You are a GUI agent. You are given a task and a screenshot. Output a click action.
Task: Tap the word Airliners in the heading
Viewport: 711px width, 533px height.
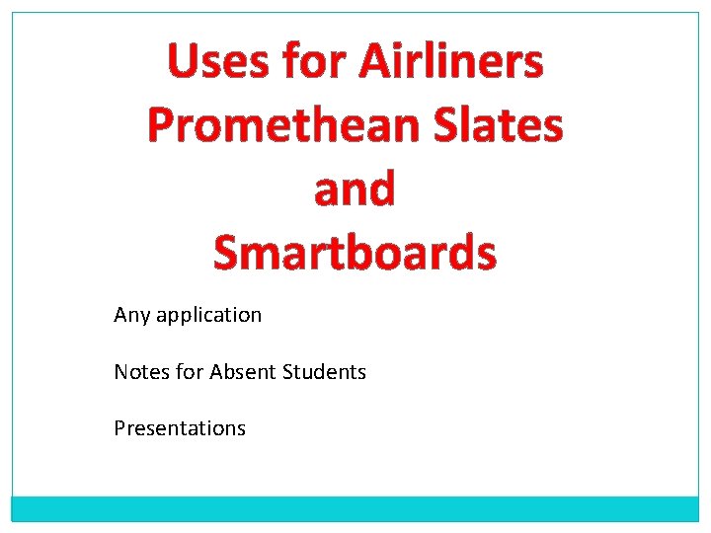(x=450, y=62)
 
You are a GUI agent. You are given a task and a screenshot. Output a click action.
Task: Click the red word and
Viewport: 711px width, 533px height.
(x=355, y=189)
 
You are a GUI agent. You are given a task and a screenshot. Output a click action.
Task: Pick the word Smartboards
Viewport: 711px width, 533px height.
(x=355, y=252)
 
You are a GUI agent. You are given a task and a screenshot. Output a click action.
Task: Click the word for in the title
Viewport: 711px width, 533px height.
(x=316, y=62)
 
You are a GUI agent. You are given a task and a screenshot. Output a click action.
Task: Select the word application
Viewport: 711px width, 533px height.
(x=208, y=316)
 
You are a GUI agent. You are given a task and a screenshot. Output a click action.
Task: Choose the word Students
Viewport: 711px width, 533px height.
(x=324, y=372)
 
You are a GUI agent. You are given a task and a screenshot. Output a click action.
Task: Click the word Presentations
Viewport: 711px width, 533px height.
(x=180, y=428)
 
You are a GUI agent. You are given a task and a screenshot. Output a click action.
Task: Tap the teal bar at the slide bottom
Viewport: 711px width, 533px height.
(x=355, y=508)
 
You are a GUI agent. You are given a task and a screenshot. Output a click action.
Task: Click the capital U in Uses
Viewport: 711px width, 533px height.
(x=182, y=62)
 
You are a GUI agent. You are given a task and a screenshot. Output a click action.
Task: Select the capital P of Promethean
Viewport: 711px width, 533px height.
(x=161, y=125)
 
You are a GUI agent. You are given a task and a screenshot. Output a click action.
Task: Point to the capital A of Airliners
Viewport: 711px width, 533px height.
(x=376, y=62)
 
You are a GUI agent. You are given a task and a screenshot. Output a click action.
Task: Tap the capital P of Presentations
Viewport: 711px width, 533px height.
(x=119, y=428)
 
